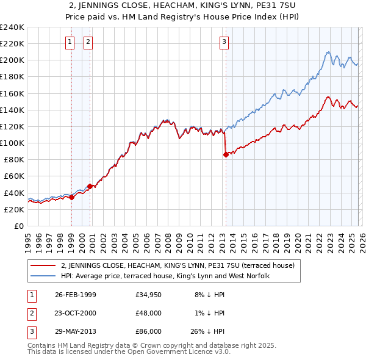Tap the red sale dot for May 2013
(226, 154)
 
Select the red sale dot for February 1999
(71, 197)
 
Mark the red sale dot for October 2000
(90, 186)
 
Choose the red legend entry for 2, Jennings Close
(178, 265)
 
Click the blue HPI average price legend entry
(169, 276)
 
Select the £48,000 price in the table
(149, 313)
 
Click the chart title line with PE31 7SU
(183, 7)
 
